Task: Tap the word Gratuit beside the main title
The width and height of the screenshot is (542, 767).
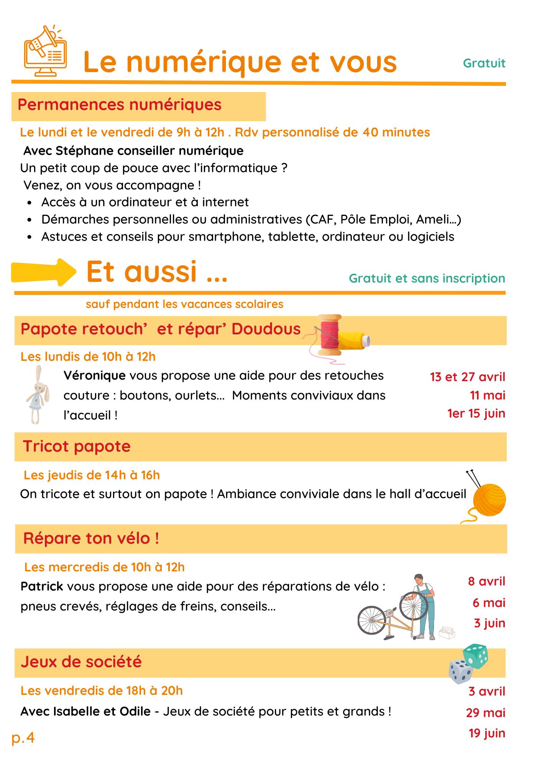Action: pos(484,63)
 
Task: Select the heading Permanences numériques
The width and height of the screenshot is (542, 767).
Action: pos(120,105)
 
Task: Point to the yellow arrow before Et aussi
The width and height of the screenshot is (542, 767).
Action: pos(43,272)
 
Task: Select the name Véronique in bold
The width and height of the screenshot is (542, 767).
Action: pos(95,375)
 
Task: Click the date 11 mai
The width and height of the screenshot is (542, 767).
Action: pos(487,395)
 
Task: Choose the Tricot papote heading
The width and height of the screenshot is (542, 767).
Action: pos(77,446)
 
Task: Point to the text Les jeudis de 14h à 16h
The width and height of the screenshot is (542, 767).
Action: pos(92,475)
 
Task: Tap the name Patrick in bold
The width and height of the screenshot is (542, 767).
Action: pos(42,586)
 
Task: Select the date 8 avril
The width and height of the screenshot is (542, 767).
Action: pos(486,581)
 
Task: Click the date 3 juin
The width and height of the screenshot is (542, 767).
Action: pos(489,623)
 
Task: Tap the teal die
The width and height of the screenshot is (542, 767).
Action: pos(475,655)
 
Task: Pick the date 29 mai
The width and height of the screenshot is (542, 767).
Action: pos(485,713)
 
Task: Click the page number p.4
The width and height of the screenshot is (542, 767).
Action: pos(23,737)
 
